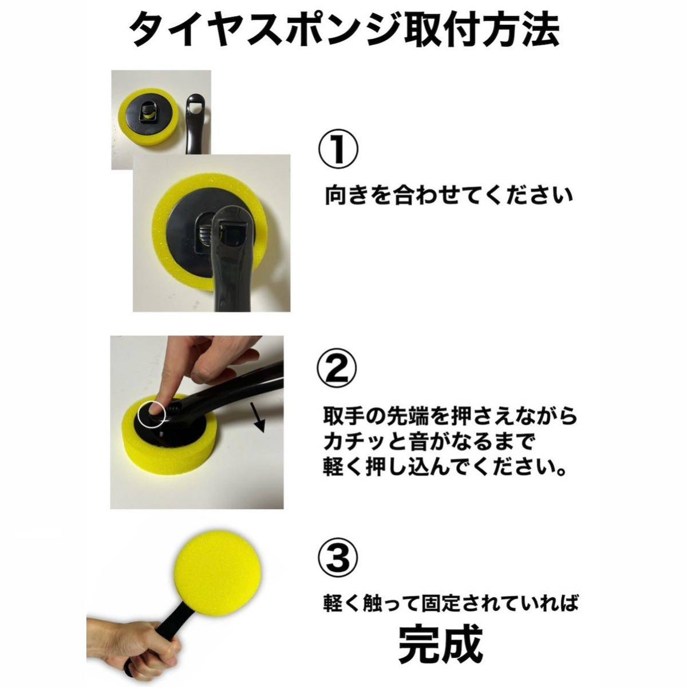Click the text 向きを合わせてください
point(448,195)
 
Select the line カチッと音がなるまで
point(425,443)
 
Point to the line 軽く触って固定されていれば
point(451,603)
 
